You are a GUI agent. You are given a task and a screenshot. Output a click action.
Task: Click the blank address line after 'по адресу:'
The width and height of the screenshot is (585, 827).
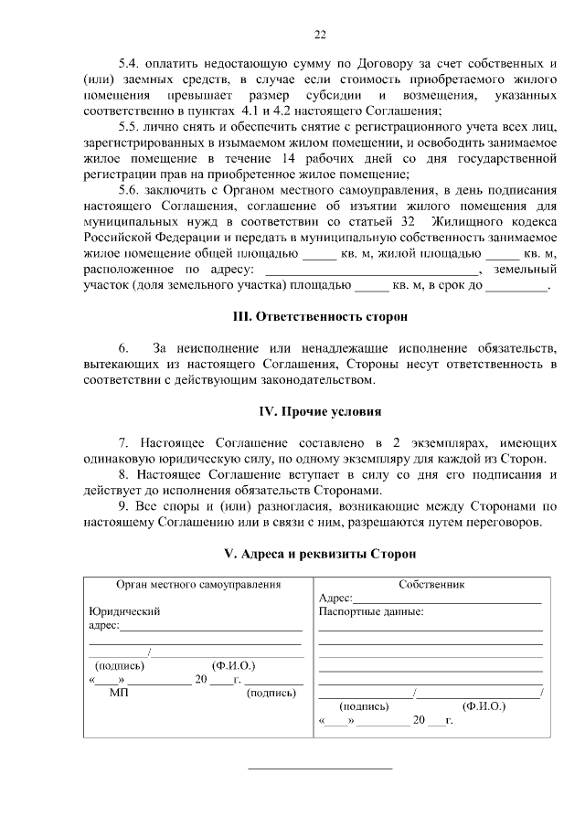[x=371, y=269]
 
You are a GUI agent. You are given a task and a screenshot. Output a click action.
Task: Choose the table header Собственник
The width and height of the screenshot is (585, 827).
[x=432, y=584]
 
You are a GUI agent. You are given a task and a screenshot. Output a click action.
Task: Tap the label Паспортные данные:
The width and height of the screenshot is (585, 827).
[x=371, y=611]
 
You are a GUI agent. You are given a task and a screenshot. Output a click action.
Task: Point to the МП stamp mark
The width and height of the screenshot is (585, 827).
[x=119, y=694]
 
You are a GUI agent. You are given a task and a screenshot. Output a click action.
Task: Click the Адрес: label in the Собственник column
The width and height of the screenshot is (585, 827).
[x=335, y=598]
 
